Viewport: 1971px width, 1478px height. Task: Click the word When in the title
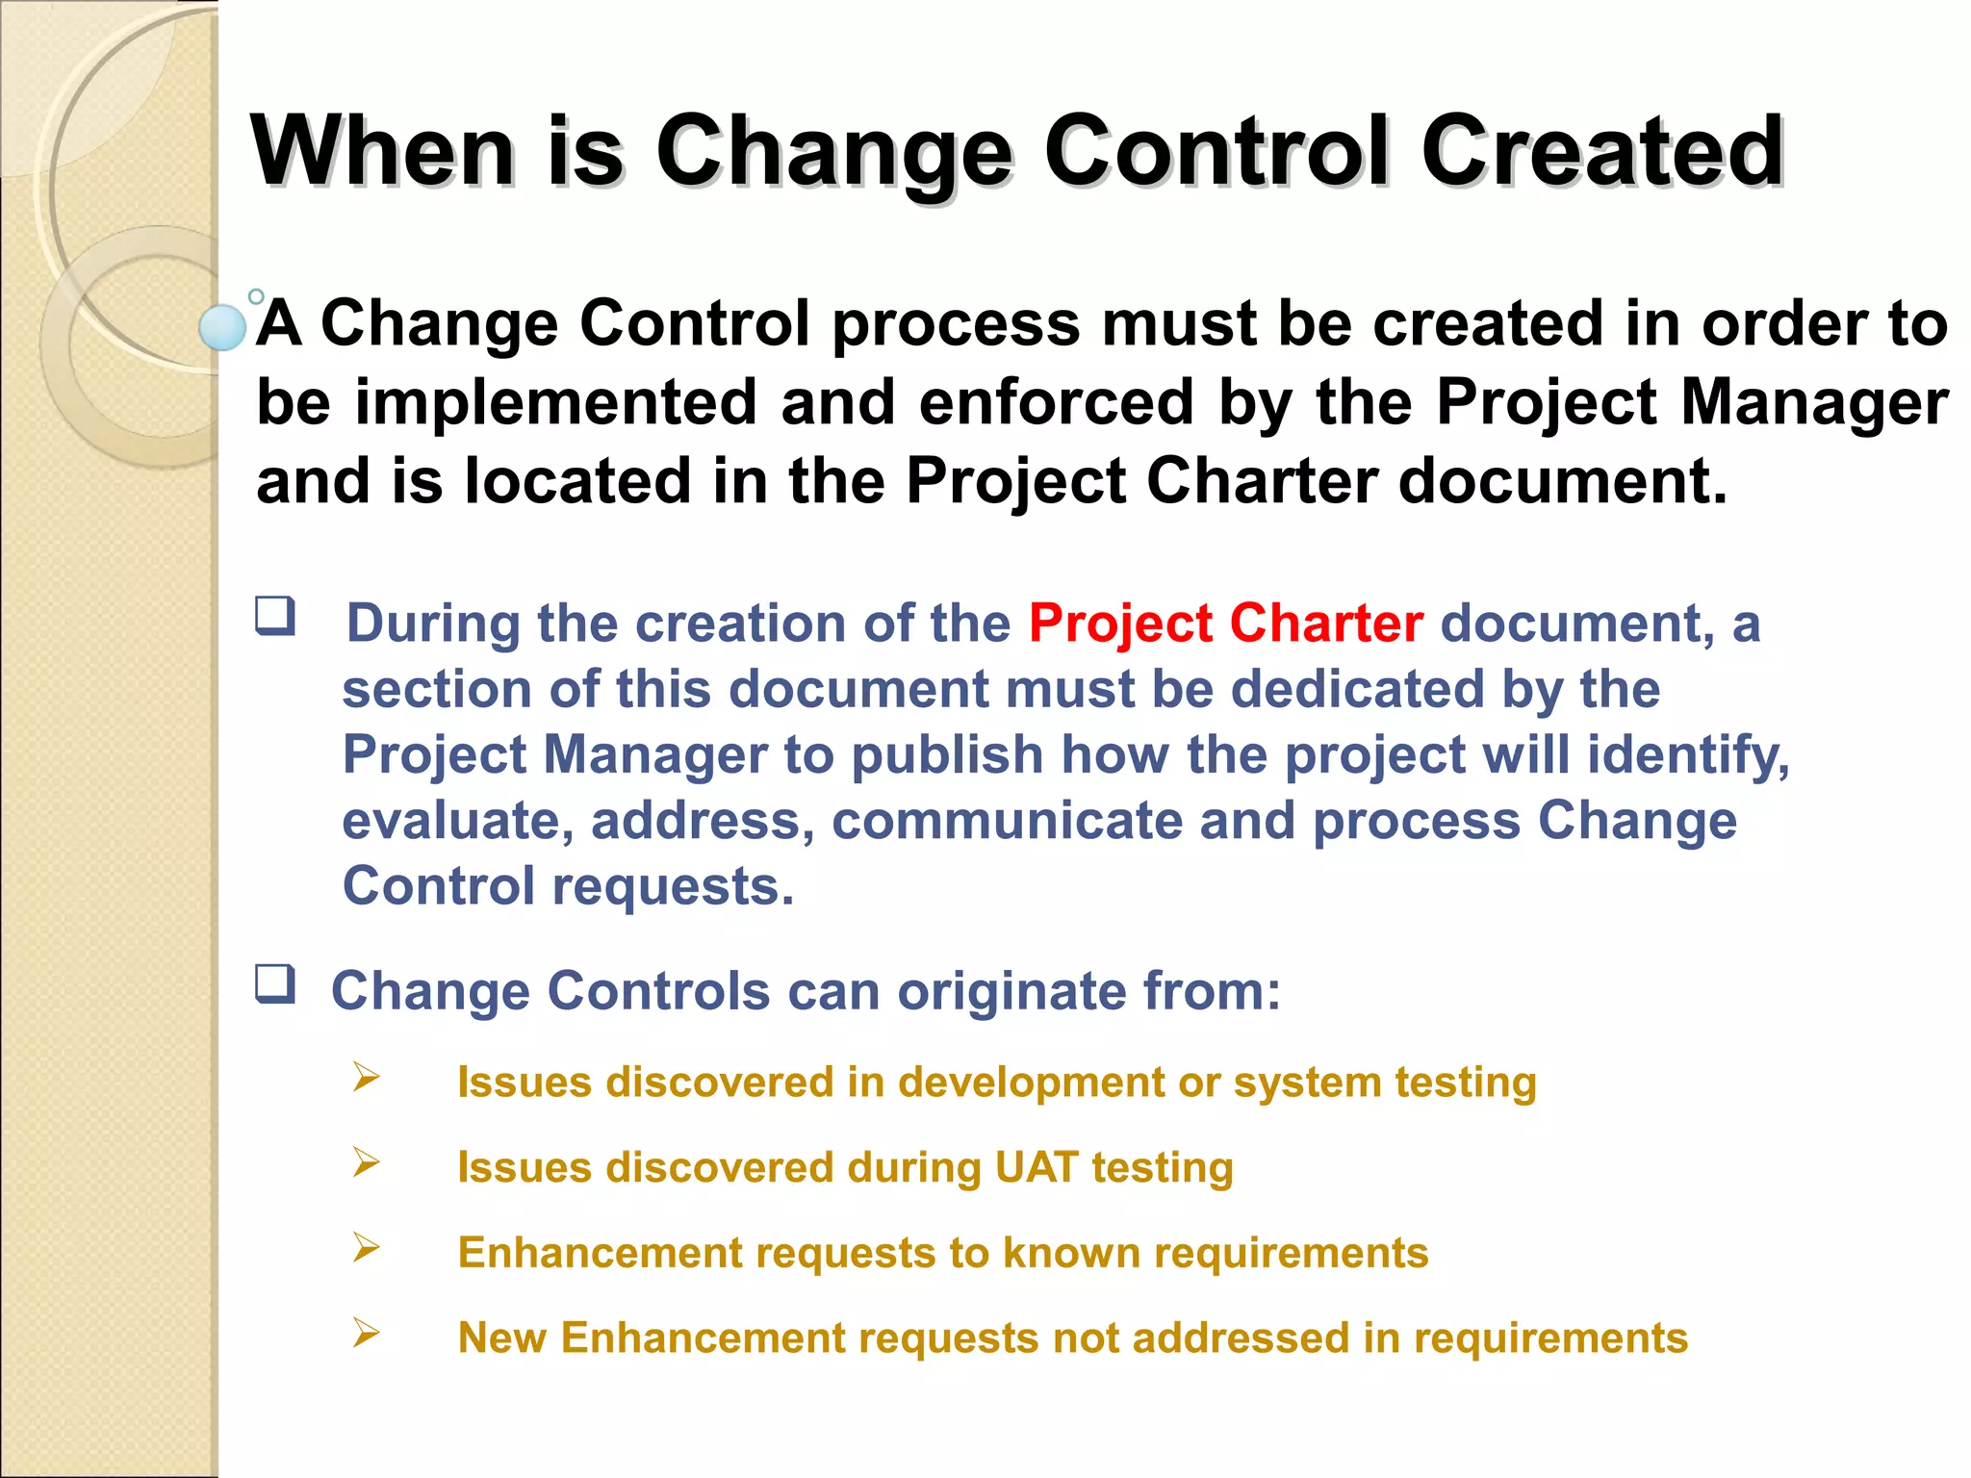click(381, 151)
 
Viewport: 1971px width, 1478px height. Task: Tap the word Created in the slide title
click(1602, 151)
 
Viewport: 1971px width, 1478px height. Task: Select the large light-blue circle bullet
click(222, 327)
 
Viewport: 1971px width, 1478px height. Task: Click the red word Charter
click(1326, 624)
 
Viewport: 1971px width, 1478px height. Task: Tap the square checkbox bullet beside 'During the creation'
click(275, 616)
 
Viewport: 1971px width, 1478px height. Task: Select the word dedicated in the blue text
click(1357, 690)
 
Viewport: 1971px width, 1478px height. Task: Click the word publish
click(947, 755)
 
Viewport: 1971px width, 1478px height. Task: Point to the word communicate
click(1007, 821)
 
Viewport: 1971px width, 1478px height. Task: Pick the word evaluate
click(458, 821)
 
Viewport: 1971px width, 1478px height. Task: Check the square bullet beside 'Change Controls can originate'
click(275, 984)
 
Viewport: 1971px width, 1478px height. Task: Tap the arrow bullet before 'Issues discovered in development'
click(366, 1077)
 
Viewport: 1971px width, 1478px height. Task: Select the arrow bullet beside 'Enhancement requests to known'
click(366, 1247)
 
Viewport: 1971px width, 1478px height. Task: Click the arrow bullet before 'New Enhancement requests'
click(366, 1333)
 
